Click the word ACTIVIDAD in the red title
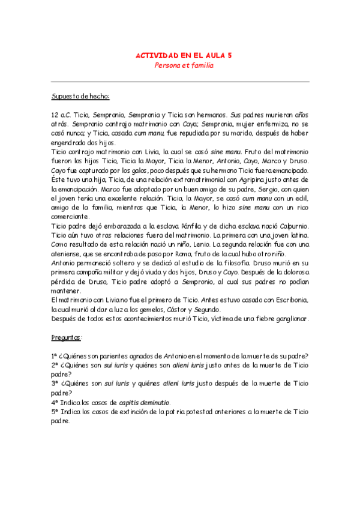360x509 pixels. coord(154,55)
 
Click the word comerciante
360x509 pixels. coord(70,216)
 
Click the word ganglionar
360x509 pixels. coord(286,319)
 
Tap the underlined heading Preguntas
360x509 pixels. coord(67,337)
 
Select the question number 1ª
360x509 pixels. coord(55,357)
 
